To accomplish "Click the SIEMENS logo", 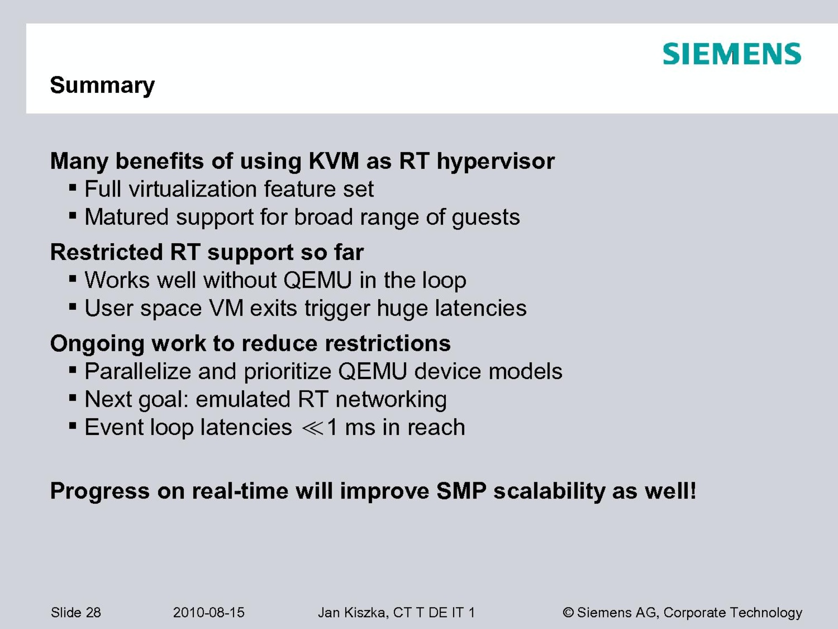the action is (732, 53).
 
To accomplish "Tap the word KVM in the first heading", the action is (334, 161).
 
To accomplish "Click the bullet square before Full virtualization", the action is (73, 188).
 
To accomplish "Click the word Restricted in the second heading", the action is (106, 252).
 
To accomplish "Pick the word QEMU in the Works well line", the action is (317, 280).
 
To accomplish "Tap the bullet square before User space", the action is (73, 306).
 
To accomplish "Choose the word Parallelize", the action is (138, 371).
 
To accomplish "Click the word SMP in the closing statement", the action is (461, 491).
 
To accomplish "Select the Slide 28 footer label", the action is (75, 613).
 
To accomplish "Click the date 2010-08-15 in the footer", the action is (208, 613).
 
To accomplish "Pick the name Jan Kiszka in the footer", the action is (351, 613).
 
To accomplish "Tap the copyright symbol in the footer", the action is (568, 613).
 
